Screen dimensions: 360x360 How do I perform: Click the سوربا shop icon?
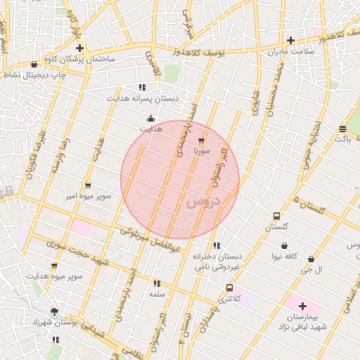click(202, 140)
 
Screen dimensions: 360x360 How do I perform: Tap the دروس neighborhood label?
click(204, 202)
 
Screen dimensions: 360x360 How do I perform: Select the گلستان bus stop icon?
click(276, 216)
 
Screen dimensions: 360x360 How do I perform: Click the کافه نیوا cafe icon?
click(284, 245)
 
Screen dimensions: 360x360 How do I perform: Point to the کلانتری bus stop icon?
click(230, 288)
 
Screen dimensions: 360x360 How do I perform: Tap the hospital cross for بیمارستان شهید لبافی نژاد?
click(302, 306)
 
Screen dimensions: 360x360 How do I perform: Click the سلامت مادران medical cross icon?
click(290, 40)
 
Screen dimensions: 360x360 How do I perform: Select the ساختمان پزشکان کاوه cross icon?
click(79, 49)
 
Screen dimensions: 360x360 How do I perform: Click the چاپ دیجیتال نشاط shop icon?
click(34, 64)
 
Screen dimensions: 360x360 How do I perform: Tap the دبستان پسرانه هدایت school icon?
click(142, 88)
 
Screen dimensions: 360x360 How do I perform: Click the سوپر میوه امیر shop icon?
click(87, 186)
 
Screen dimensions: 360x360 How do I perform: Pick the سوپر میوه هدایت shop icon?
click(54, 266)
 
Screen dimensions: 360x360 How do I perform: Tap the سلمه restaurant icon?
click(156, 284)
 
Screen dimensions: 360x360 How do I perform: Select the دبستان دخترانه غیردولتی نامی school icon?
click(216, 246)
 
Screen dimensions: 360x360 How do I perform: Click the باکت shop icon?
click(342, 129)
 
